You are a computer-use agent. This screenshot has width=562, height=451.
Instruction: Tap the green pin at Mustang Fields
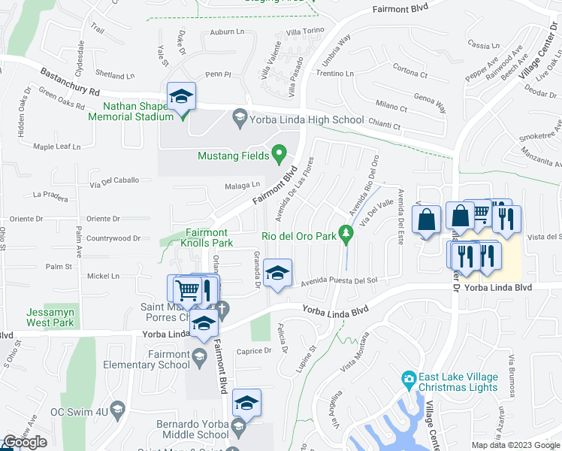(279, 155)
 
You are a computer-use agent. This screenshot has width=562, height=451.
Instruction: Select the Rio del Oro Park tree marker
(346, 235)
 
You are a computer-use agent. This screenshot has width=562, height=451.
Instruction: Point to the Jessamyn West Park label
(51, 317)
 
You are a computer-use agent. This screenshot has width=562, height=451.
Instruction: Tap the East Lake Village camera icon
(409, 377)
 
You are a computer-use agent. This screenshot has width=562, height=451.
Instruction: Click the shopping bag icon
(427, 220)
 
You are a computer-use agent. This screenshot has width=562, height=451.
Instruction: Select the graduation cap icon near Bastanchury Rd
(181, 96)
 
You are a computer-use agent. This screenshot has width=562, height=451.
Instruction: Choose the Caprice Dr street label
(253, 351)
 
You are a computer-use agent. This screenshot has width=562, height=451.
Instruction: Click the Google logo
(26, 443)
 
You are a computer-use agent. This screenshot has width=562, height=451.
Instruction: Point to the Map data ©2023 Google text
(515, 445)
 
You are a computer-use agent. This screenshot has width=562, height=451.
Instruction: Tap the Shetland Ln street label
(115, 75)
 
